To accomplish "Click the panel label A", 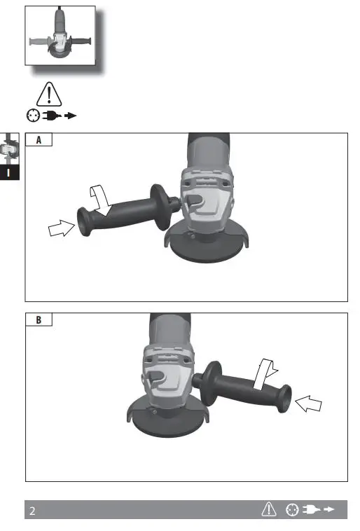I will click(x=39, y=140).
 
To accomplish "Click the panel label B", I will click(x=39, y=320).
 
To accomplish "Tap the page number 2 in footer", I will click(x=32, y=511).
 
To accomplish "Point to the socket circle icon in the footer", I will click(x=292, y=511).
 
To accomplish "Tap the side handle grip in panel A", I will click(x=126, y=212).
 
